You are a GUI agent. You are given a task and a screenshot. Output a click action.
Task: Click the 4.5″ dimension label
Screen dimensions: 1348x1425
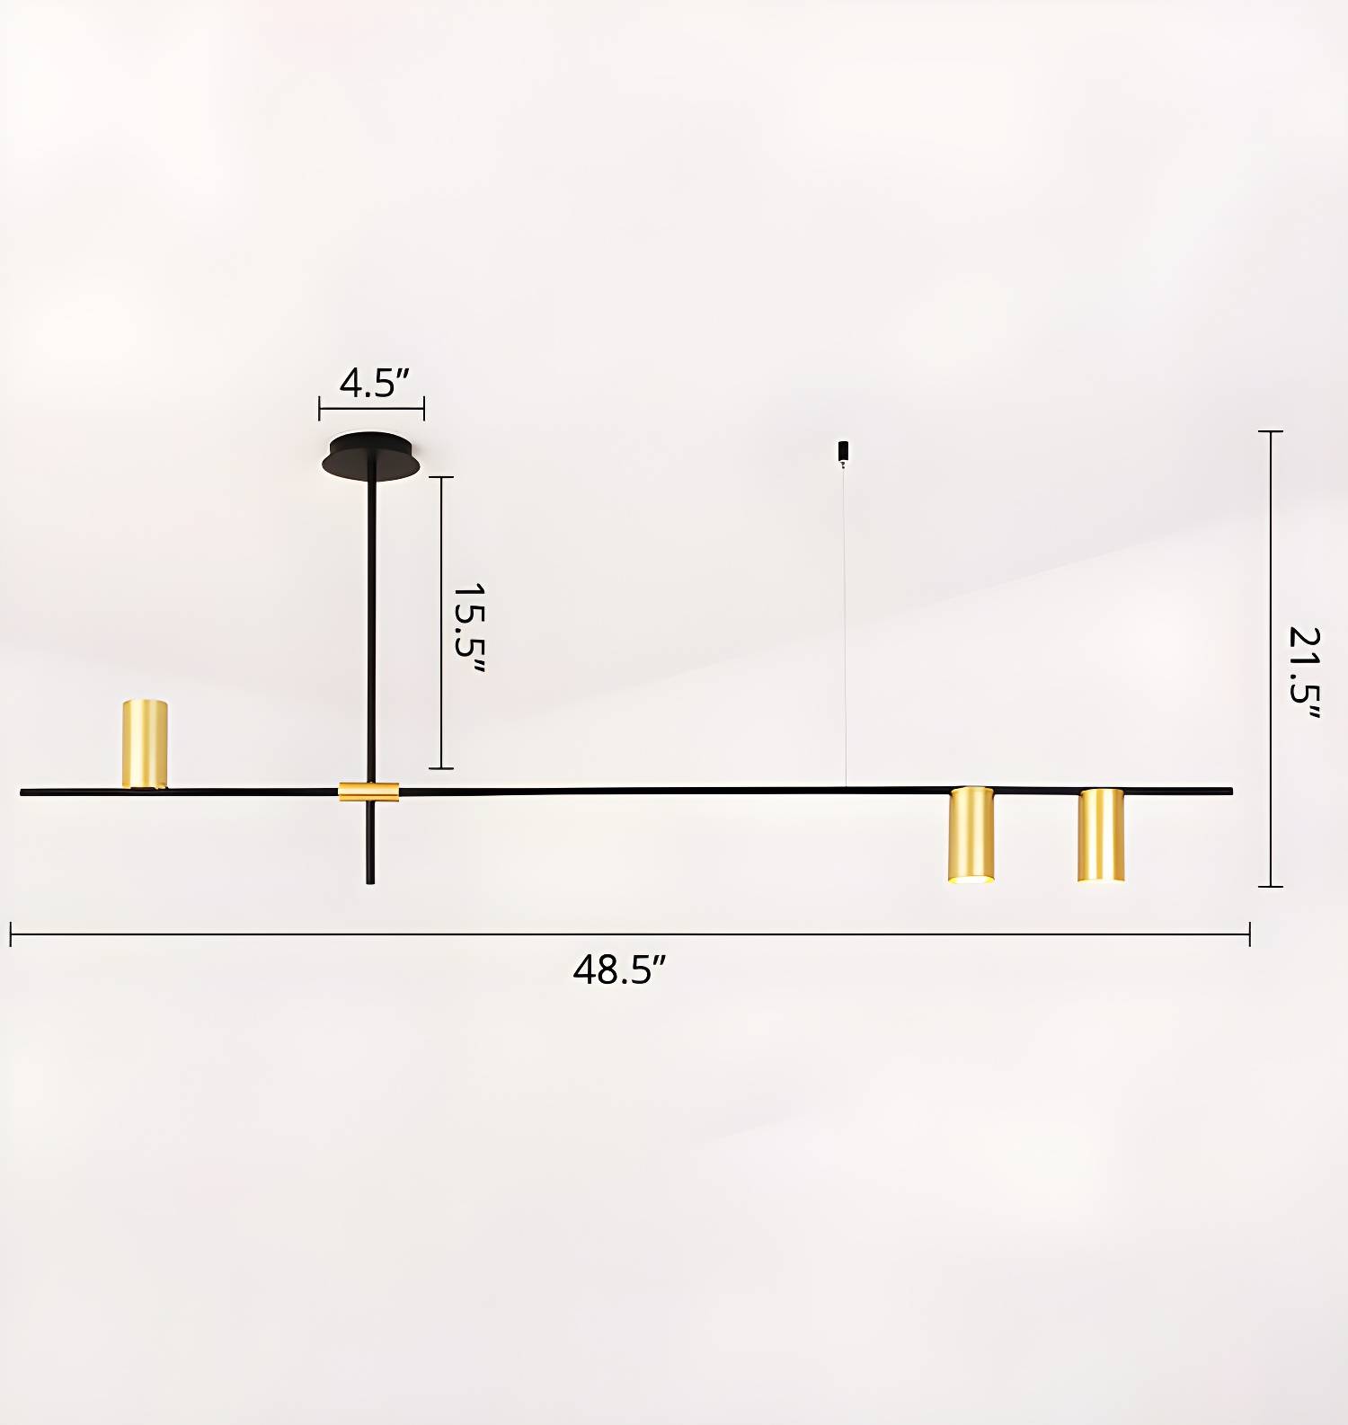(374, 383)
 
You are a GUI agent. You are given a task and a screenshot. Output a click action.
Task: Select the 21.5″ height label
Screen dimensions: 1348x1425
(1305, 672)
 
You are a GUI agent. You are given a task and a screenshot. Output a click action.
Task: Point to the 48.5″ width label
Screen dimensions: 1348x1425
(620, 970)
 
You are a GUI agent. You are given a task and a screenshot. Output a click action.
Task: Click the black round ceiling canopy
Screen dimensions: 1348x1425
(372, 456)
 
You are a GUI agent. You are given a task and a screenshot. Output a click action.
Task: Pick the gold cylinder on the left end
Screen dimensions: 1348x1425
(145, 744)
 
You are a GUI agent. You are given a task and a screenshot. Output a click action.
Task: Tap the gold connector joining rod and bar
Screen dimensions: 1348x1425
(368, 792)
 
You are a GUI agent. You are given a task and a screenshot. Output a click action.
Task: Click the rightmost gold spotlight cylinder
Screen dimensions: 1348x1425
(1101, 836)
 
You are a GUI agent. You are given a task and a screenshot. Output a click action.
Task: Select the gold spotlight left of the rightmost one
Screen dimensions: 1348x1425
(971, 836)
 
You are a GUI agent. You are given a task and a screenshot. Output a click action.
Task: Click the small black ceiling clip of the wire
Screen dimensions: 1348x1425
(843, 452)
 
